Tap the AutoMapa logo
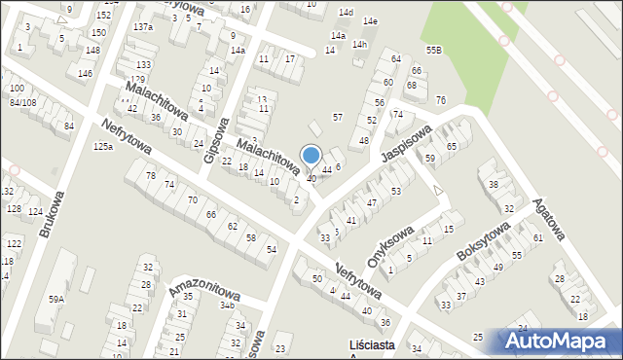(561, 342)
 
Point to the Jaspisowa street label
(406, 143)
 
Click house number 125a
(103, 147)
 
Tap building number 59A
(56, 300)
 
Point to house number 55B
(433, 50)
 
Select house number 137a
(143, 26)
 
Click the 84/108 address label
(22, 102)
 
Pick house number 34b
(227, 306)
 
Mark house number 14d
(346, 12)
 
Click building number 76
(441, 100)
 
